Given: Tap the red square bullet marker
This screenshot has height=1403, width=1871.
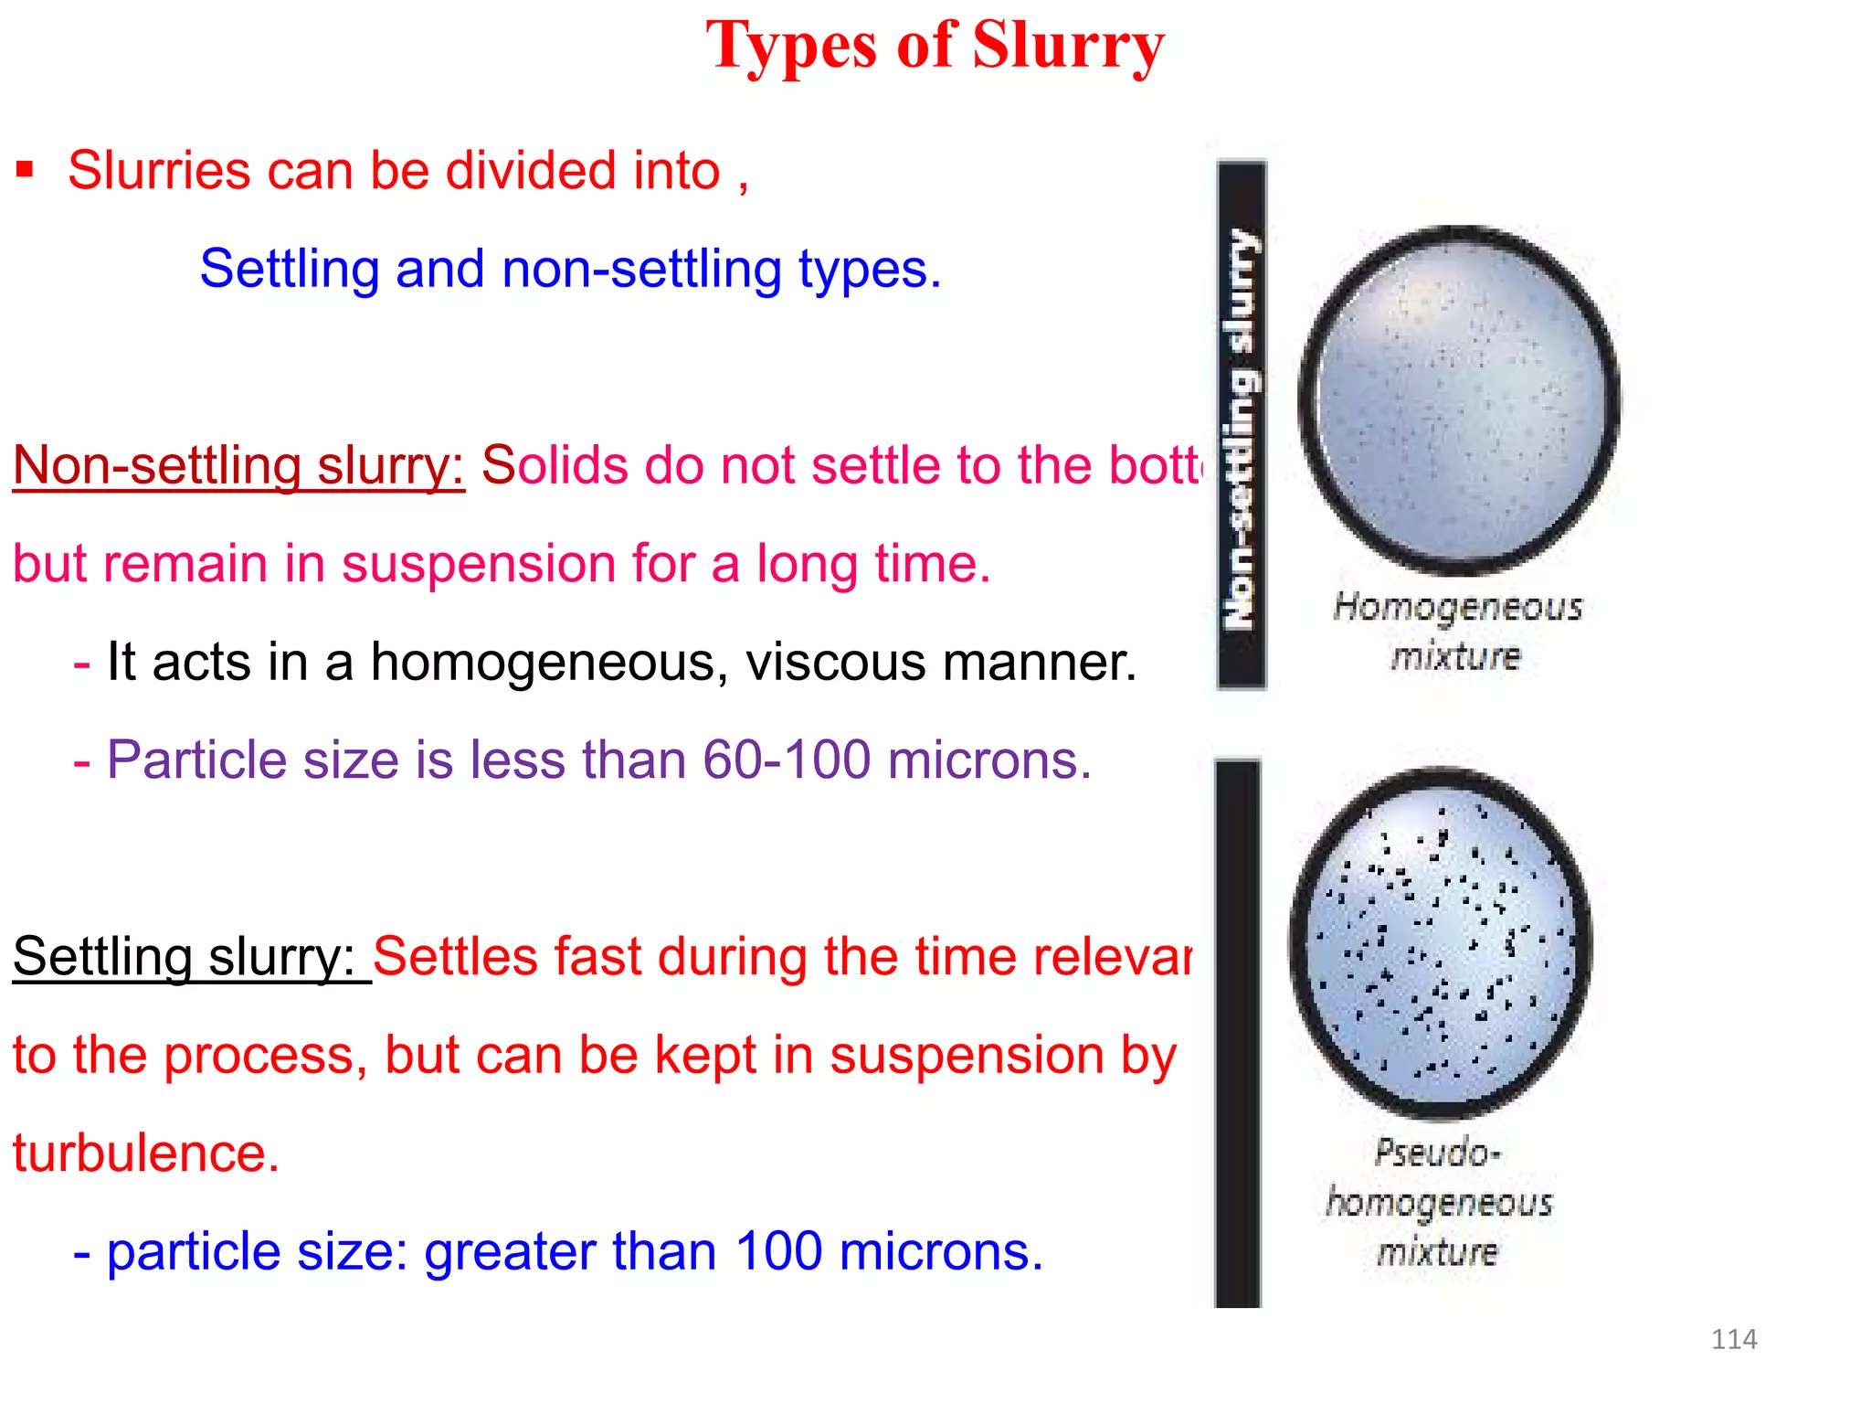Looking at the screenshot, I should pyautogui.click(x=25, y=170).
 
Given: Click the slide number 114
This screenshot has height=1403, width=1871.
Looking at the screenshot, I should pyautogui.click(x=1733, y=1339).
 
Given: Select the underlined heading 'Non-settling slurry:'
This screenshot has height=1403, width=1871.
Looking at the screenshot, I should pyautogui.click(x=238, y=465).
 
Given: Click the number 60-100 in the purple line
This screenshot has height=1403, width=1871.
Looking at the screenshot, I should pyautogui.click(x=786, y=760).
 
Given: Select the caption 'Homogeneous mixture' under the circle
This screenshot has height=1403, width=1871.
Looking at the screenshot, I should pyautogui.click(x=1456, y=631).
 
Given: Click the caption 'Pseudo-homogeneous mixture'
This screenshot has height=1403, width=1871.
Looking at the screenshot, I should pyautogui.click(x=1438, y=1202).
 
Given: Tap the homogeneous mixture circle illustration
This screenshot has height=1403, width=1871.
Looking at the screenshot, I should pyautogui.click(x=1459, y=400).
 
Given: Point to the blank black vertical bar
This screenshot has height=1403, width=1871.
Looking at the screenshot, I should pyautogui.click(x=1237, y=1033).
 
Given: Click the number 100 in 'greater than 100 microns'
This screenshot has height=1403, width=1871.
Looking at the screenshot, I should pyautogui.click(x=778, y=1251).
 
